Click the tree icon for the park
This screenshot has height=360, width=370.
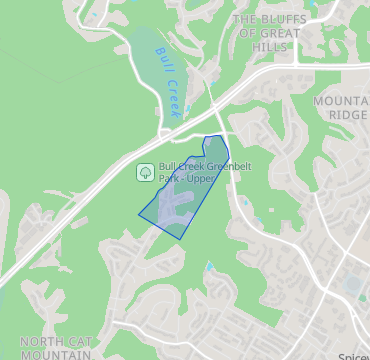coord(145,172)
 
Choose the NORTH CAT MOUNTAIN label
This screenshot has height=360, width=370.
coord(56,348)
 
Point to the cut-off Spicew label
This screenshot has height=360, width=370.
coord(353,356)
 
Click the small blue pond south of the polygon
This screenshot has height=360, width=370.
coord(209,267)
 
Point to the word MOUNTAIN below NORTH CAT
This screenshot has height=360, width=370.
coord(56,354)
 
